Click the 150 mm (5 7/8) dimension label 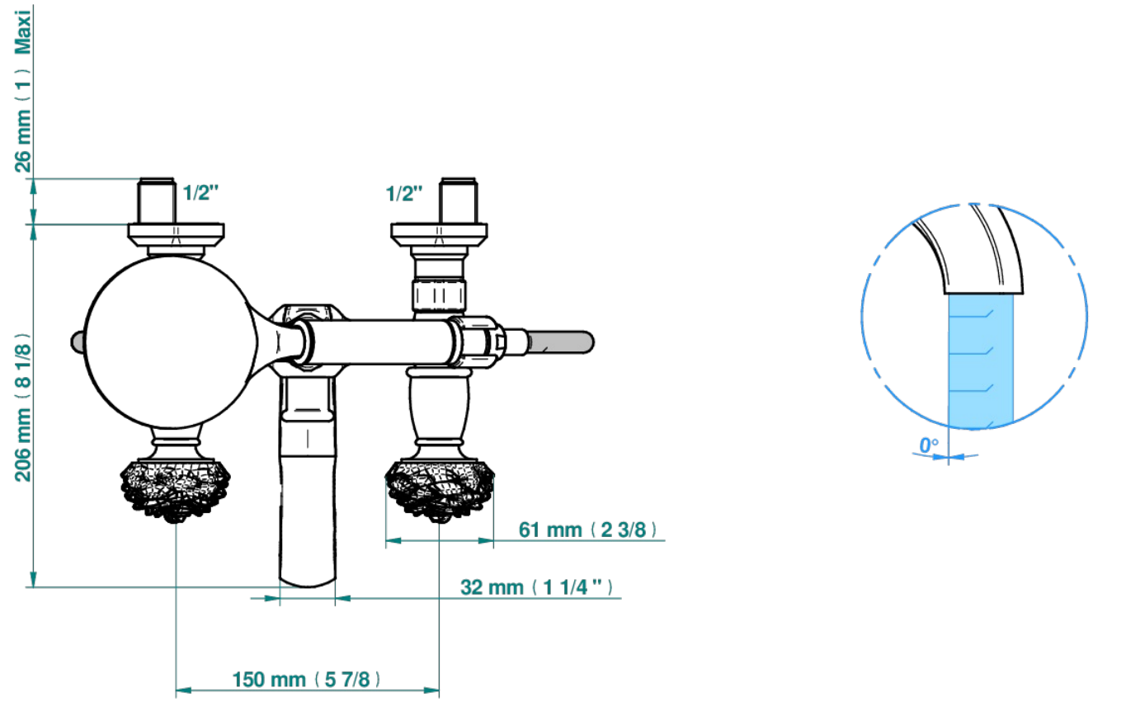click(306, 680)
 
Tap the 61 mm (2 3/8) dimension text click(587, 530)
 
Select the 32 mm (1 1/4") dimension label click(536, 587)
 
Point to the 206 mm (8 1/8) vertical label click(23, 407)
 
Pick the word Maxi click(23, 32)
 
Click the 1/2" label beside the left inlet click(200, 192)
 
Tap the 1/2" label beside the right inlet click(403, 194)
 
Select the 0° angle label click(929, 445)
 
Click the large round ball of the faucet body click(171, 342)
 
